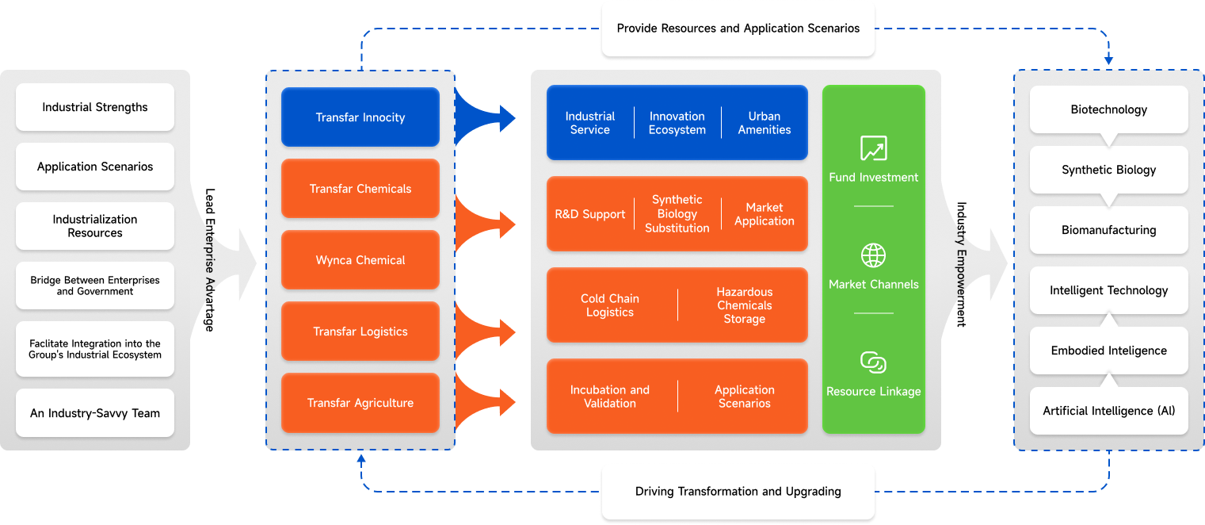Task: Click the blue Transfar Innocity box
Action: coord(360,117)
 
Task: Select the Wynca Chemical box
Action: coord(360,259)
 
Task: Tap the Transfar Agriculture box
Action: coord(360,402)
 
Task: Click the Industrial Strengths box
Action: coord(95,106)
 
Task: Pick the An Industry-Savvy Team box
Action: coord(95,412)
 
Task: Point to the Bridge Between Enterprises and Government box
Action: coord(95,285)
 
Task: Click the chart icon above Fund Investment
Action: coord(873,148)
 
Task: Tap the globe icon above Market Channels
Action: coord(873,255)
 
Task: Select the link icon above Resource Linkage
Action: coord(873,362)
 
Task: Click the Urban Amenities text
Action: coord(764,123)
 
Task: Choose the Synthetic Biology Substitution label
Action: coord(677,214)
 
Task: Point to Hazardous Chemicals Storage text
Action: coord(744,305)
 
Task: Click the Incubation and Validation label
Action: coord(609,397)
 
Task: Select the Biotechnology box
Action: coord(1108,109)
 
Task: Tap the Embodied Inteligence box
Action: coord(1108,351)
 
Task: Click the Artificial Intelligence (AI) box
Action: coord(1108,411)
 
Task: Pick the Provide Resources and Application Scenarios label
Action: coord(738,29)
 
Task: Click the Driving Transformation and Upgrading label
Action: coord(738,491)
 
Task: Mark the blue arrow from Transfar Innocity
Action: coord(484,117)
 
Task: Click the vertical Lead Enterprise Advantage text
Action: coord(210,259)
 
